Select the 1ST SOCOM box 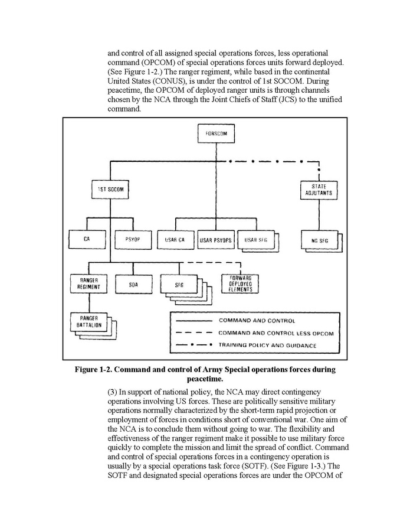point(109,190)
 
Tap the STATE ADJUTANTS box point(319,190)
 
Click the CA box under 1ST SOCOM point(87,239)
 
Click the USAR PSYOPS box point(217,239)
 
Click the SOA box point(133,284)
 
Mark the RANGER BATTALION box point(87,322)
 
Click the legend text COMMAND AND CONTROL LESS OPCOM point(276,334)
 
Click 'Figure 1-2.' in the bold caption point(96,370)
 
